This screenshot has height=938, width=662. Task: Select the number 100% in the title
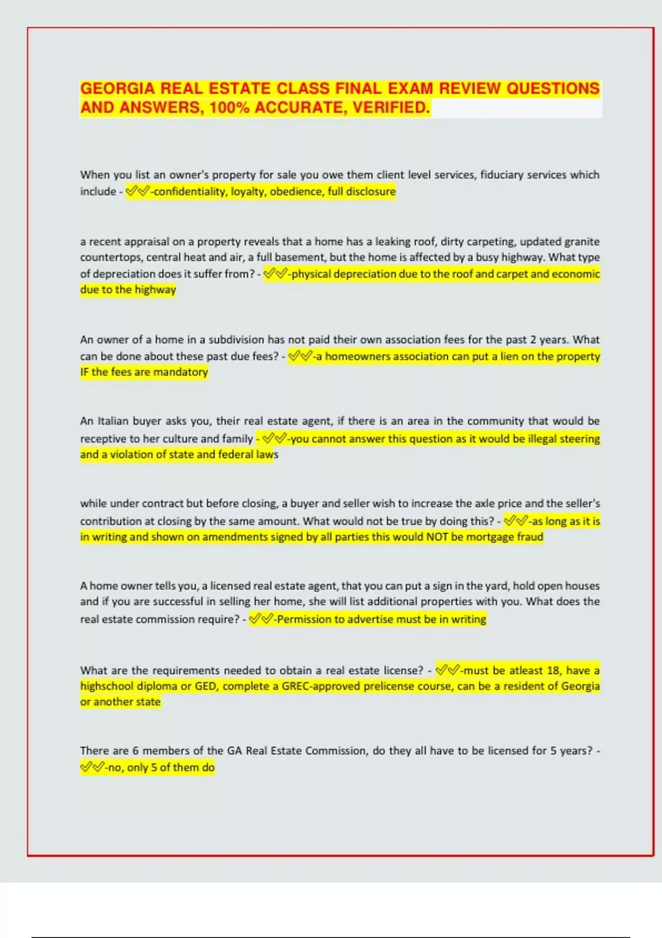[x=229, y=107]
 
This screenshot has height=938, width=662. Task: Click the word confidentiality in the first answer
[x=190, y=191]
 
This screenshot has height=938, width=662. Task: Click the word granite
[x=581, y=242]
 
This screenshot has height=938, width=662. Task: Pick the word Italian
[x=113, y=421]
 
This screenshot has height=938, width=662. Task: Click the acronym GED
[x=206, y=686]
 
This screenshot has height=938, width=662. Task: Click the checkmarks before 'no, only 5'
[x=91, y=768]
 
